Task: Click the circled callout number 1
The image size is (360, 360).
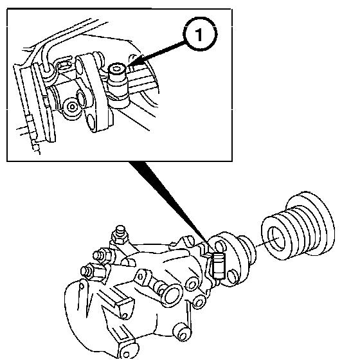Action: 200,34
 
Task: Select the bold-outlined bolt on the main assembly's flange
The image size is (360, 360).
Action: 218,265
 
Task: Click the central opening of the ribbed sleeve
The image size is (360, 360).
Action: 276,239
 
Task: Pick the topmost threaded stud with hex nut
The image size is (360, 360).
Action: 119,235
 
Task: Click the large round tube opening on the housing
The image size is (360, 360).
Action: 172,295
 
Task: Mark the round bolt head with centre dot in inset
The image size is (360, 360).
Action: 72,107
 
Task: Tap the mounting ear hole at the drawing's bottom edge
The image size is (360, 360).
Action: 126,354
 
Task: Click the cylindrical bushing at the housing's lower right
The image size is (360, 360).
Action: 183,332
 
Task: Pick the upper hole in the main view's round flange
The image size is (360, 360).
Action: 220,246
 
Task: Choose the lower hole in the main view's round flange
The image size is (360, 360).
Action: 232,276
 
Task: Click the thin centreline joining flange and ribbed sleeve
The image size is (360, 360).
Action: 267,242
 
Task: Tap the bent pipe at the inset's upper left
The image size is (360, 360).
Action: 46,57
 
